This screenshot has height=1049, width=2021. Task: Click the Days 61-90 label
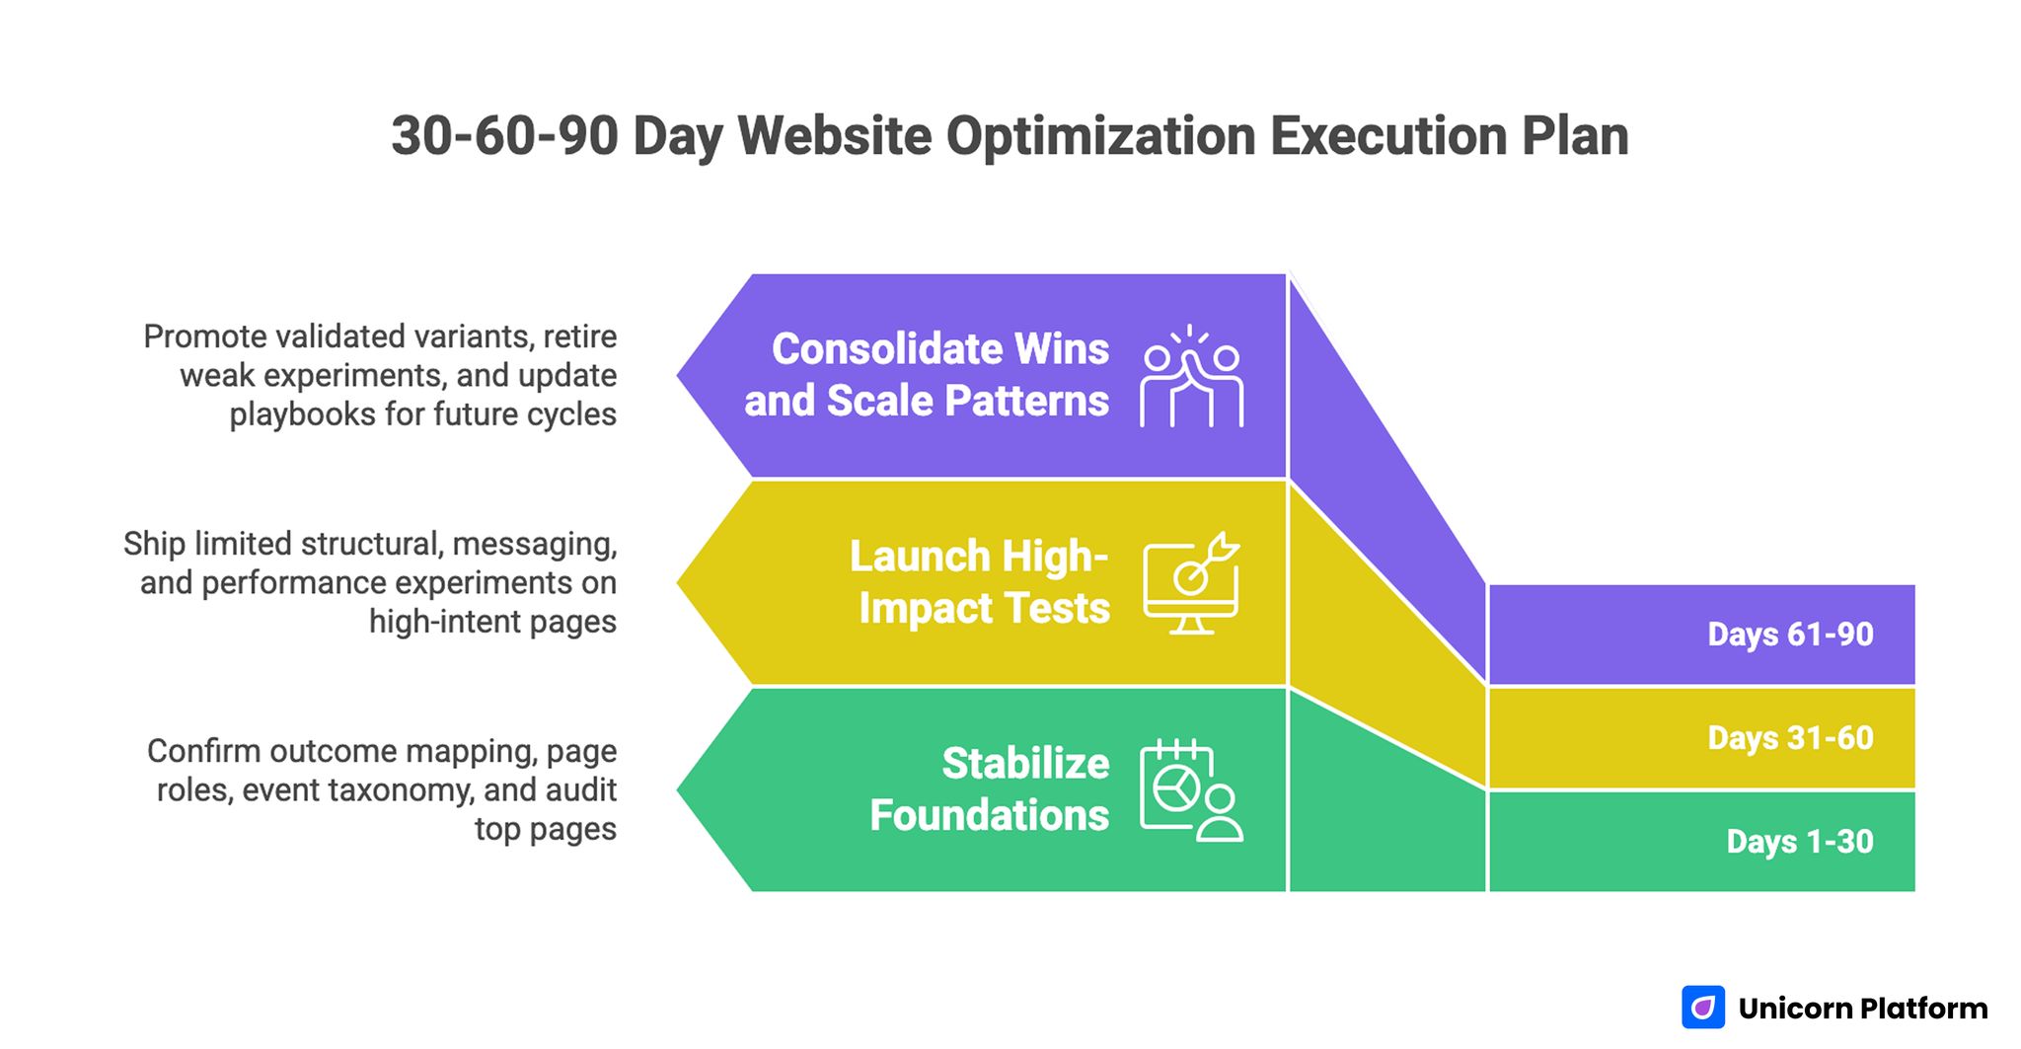click(x=1789, y=635)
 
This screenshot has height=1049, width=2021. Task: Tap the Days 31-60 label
click(x=1789, y=738)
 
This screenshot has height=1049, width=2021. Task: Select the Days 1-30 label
click(x=1799, y=842)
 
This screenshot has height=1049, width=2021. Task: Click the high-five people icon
click(x=1191, y=377)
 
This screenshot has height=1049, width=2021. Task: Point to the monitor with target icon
click(x=1191, y=584)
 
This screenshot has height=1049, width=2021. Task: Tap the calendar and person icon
click(x=1191, y=790)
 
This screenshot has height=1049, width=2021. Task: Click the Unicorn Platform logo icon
click(x=1702, y=1008)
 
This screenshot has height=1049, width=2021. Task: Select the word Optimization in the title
click(x=1100, y=136)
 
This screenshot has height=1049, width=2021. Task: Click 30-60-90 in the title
click(x=504, y=136)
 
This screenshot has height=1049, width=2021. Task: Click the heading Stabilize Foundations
click(x=989, y=789)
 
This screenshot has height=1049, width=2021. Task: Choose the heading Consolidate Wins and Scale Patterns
click(x=927, y=375)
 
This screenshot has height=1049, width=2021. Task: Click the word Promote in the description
click(x=204, y=337)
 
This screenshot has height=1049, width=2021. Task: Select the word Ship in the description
click(x=154, y=544)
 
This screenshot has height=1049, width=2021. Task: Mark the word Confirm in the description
click(x=203, y=751)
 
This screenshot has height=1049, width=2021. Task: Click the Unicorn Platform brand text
click(x=1862, y=1009)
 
